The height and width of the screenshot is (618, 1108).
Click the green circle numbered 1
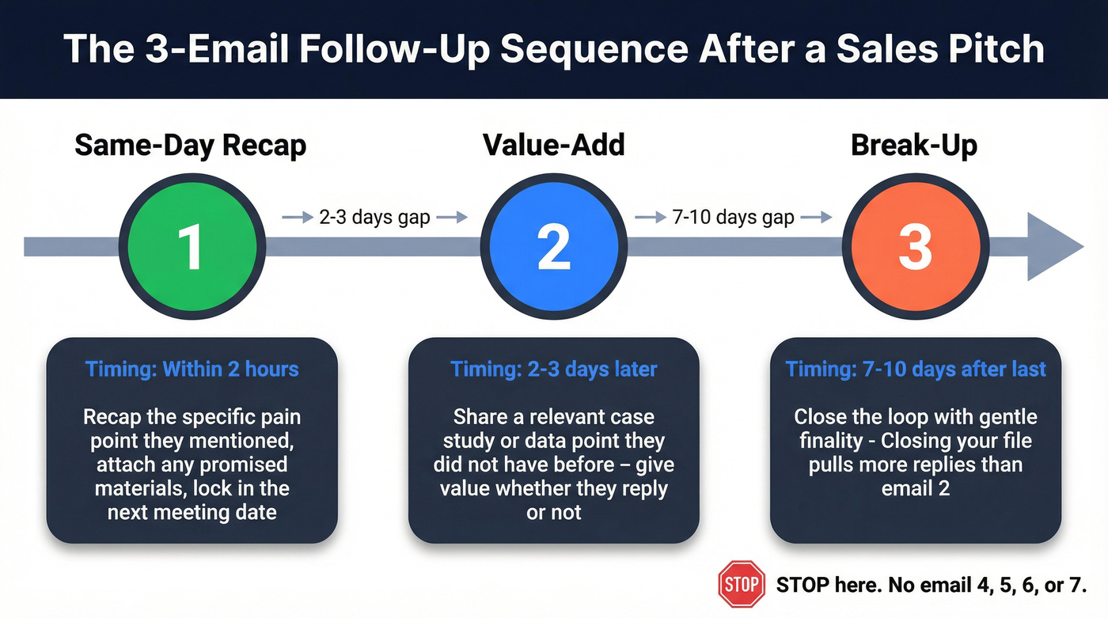tap(191, 246)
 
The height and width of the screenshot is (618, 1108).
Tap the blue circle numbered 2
tap(553, 246)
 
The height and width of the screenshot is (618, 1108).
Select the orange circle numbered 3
tap(915, 246)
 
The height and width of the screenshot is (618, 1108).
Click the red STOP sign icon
tap(742, 585)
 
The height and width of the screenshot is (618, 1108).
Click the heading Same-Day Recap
tap(190, 146)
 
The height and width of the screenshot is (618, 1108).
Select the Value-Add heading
tap(553, 146)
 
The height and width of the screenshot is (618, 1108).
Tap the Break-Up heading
tap(914, 146)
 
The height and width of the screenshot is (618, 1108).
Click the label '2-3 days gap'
tap(374, 218)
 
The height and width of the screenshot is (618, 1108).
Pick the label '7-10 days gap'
tap(733, 218)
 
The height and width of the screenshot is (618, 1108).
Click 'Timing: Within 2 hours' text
tap(192, 369)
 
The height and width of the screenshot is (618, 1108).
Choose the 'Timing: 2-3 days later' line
tap(554, 369)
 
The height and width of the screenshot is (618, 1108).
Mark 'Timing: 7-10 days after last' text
tap(916, 369)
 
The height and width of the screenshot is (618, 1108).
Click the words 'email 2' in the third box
tap(916, 488)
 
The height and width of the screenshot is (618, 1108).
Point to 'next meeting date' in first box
tap(192, 512)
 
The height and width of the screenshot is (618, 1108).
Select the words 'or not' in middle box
tap(554, 512)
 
